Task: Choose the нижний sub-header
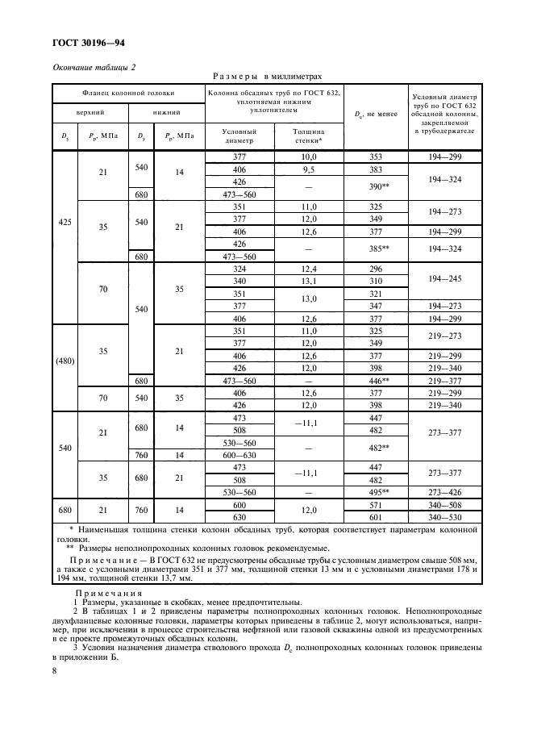click(x=165, y=113)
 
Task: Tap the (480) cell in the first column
click(x=64, y=361)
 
